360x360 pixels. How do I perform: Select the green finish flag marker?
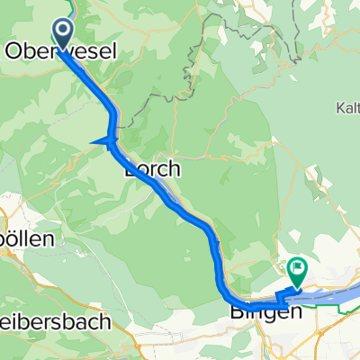[297, 267]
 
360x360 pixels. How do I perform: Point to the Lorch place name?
[152, 168]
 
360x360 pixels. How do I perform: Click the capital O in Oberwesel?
[14, 52]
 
